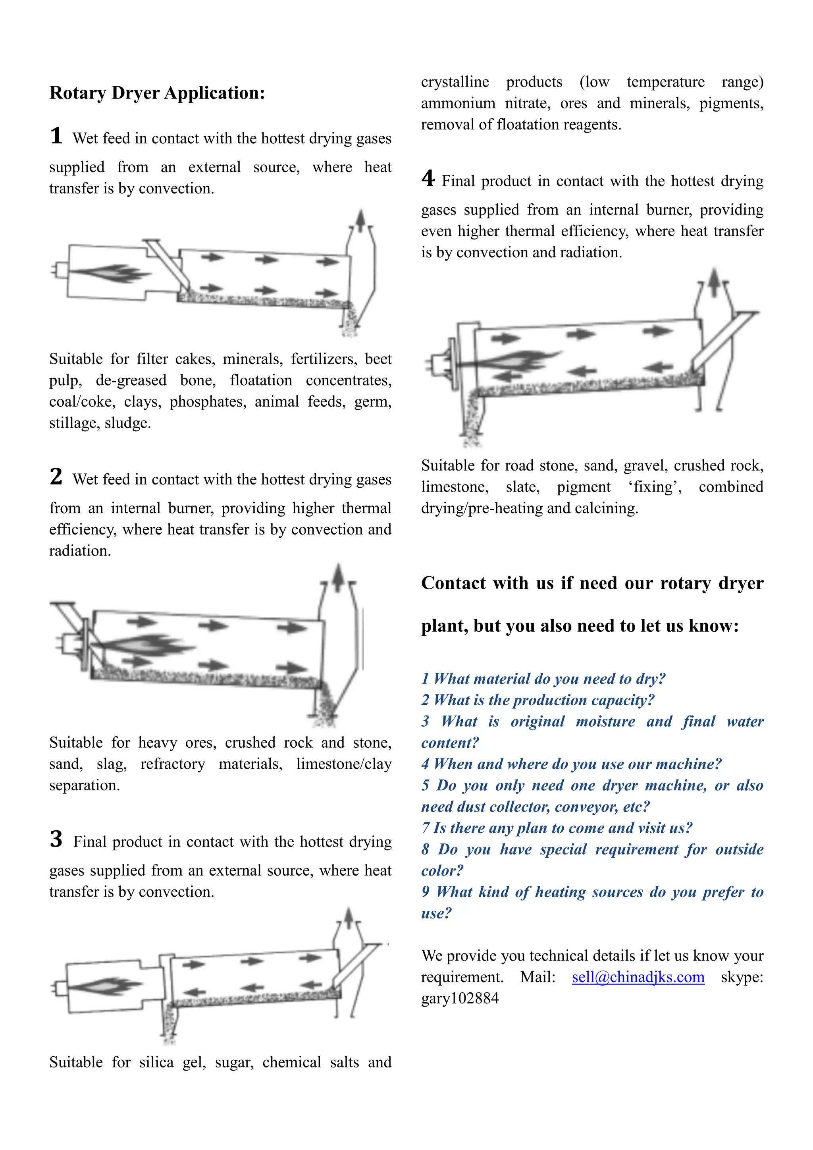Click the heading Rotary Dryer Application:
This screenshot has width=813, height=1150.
pos(157,93)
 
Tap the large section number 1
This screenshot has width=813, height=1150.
pos(56,136)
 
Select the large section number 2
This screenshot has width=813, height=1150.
pos(56,477)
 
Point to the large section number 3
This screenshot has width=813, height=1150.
pos(56,839)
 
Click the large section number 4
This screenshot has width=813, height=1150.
pos(428,178)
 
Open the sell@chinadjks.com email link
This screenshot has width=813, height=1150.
pos(638,977)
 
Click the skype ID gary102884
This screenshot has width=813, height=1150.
pos(460,998)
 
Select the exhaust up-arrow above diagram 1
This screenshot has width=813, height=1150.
pos(360,220)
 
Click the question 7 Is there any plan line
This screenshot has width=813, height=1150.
pos(557,828)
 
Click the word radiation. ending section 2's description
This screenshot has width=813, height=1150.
pos(80,551)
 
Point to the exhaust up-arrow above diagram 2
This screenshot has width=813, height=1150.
pos(338,576)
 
